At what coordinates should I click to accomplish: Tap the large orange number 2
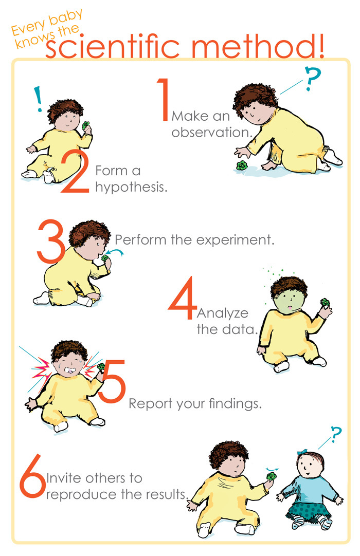(x=76, y=172)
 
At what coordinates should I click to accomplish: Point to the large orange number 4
(x=183, y=295)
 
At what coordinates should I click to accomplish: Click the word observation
(x=211, y=132)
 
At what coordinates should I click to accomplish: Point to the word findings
(x=234, y=403)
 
